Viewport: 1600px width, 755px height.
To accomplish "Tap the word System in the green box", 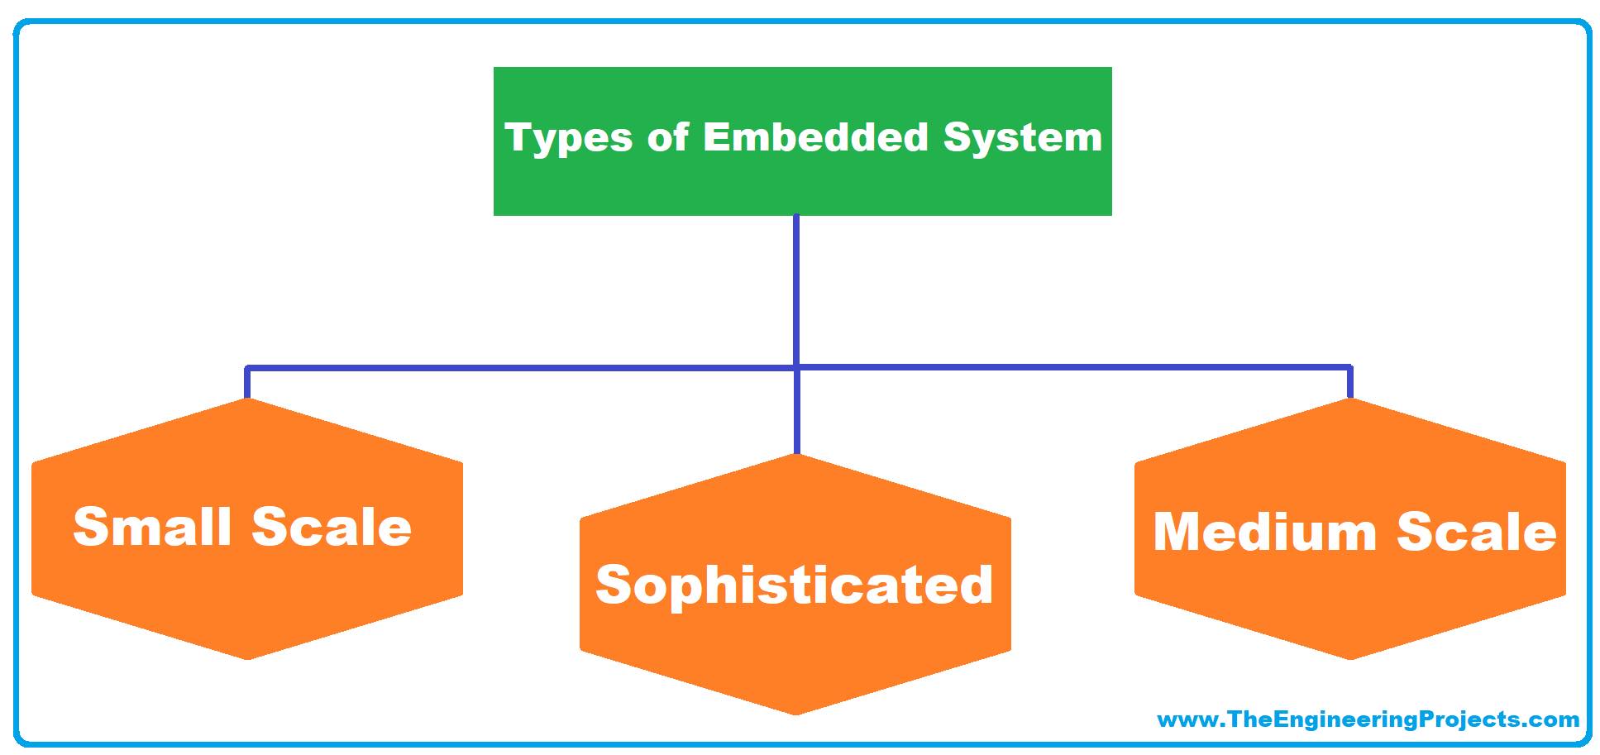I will (x=1023, y=137).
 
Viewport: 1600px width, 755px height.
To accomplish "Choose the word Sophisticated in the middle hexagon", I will (x=794, y=584).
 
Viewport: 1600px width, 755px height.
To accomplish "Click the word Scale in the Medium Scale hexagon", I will (x=1477, y=531).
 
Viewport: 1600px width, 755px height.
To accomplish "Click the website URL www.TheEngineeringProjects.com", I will (x=1368, y=719).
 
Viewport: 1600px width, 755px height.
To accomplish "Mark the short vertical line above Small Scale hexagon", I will (x=246, y=383).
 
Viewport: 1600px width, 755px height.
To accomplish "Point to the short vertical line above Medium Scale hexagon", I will (x=1350, y=383).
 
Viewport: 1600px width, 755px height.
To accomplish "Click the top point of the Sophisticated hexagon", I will (x=795, y=456).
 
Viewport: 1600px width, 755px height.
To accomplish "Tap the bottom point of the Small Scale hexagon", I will (x=247, y=658).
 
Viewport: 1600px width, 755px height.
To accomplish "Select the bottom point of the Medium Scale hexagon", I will (x=1350, y=658).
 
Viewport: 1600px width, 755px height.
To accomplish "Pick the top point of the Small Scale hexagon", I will (x=247, y=399).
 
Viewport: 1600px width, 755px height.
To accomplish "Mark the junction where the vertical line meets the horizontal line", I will (x=796, y=366).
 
